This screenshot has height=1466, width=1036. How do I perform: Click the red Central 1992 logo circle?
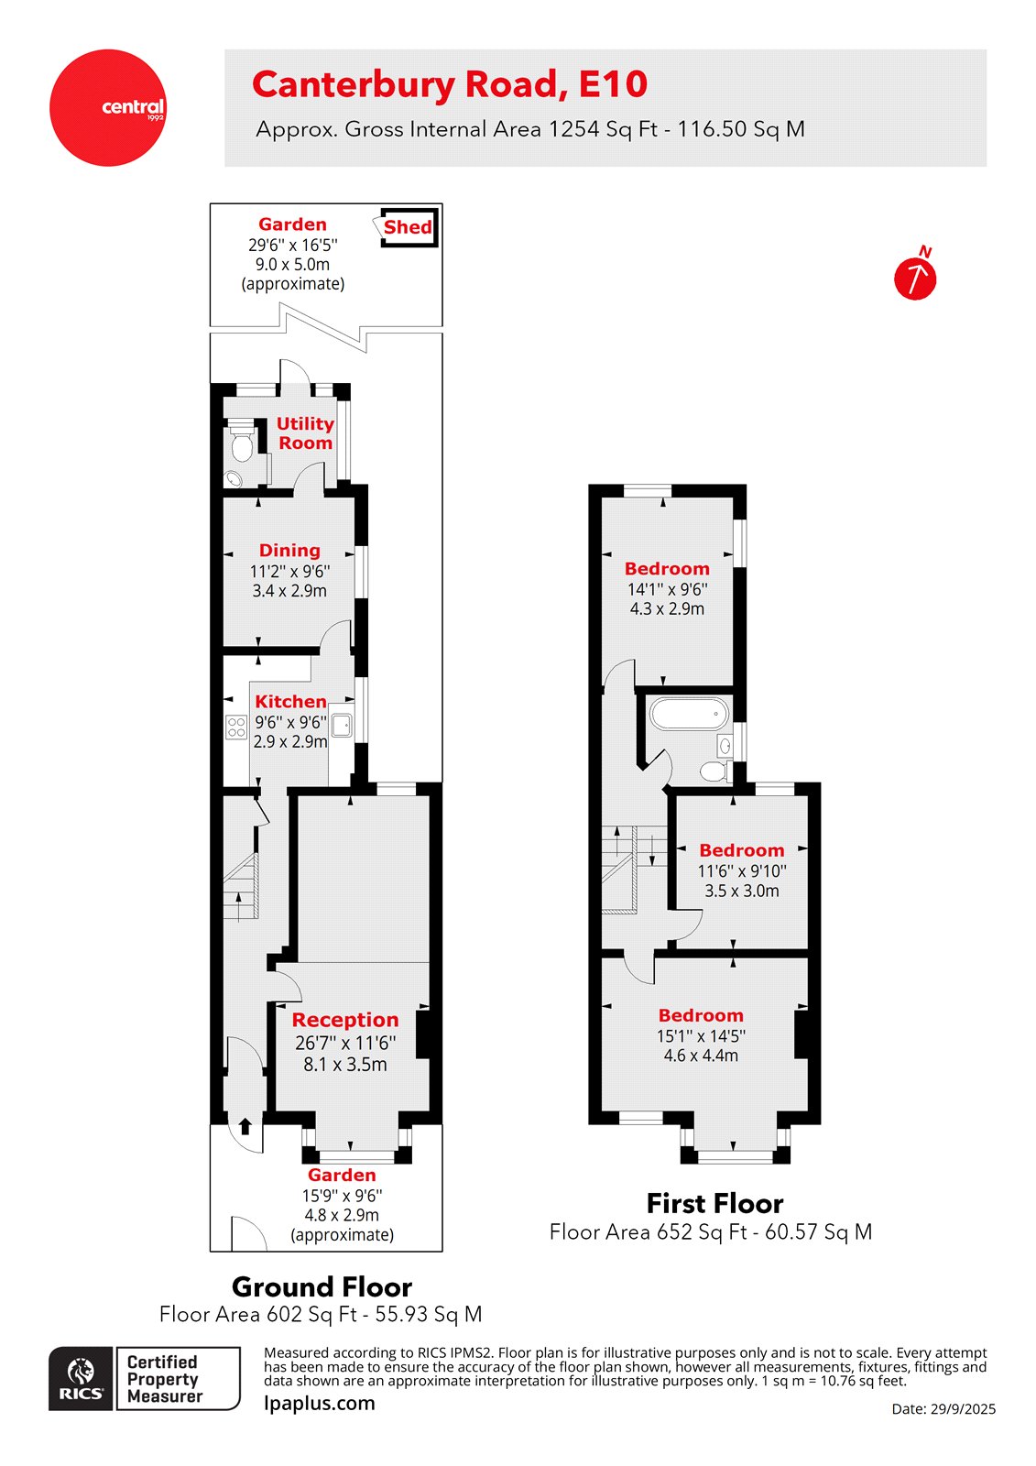[x=108, y=108]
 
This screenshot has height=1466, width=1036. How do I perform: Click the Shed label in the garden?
[x=408, y=227]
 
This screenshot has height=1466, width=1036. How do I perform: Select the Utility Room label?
[x=305, y=433]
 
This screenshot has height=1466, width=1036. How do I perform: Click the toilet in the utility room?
[x=242, y=445]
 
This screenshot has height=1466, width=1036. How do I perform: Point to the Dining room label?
[x=289, y=551]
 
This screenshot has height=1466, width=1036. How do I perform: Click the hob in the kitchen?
[x=236, y=728]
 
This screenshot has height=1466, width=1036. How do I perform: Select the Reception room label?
[x=345, y=1020]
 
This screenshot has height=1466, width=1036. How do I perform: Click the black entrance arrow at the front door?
[x=245, y=1126]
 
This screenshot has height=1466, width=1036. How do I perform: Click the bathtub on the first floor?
[x=689, y=713]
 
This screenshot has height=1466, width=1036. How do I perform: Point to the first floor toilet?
[x=714, y=771]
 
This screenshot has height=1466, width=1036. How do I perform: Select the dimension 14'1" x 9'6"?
[x=667, y=589]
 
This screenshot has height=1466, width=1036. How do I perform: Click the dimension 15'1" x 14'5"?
[x=701, y=1036]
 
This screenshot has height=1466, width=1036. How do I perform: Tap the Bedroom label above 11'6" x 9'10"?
[x=741, y=850]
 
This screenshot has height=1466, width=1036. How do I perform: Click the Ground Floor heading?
[x=322, y=1286]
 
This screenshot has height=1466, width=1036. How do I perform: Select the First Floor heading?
[x=714, y=1203]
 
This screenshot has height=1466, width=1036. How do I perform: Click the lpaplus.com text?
[x=319, y=1403]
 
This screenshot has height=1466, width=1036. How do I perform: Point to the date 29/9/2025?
[x=943, y=1409]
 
